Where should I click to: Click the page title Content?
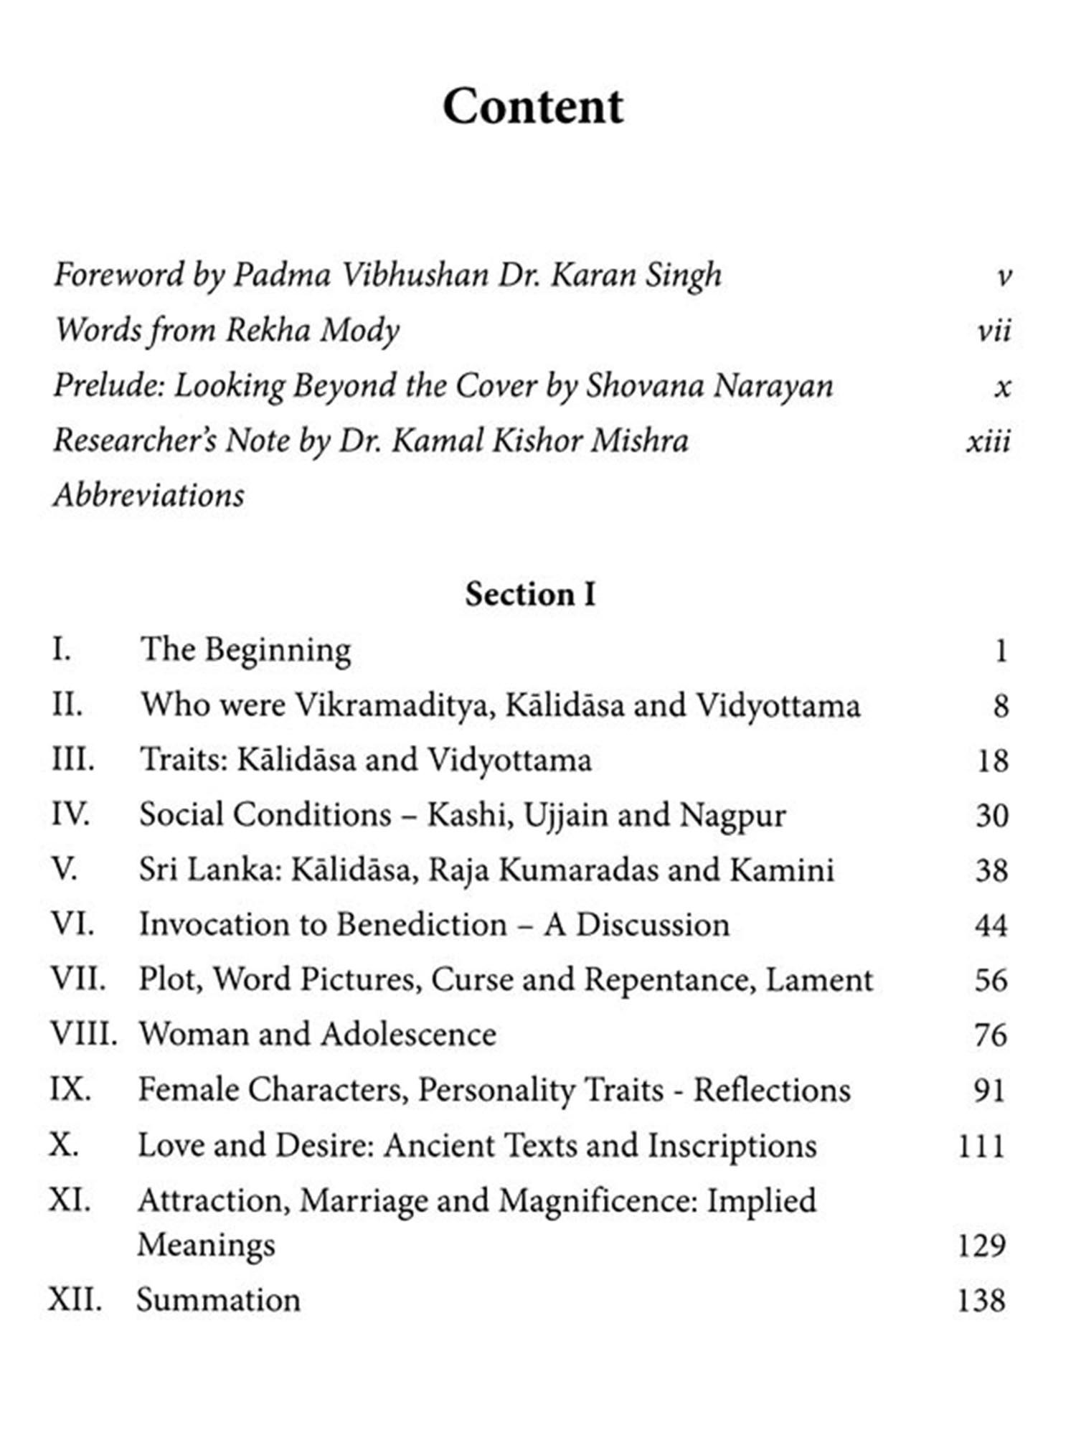click(533, 108)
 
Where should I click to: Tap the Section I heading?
click(530, 595)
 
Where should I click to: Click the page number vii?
click(994, 331)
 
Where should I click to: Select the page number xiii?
click(988, 441)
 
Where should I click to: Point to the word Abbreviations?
click(149, 496)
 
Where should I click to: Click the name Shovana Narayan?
click(709, 386)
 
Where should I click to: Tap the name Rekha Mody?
click(313, 331)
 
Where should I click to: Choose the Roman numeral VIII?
click(83, 1035)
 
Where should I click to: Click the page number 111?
click(981, 1146)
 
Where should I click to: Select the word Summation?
click(219, 1300)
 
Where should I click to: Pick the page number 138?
click(981, 1300)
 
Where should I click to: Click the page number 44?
click(991, 926)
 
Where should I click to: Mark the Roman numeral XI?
click(70, 1200)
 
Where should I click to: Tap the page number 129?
click(981, 1245)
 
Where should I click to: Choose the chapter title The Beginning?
click(245, 650)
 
